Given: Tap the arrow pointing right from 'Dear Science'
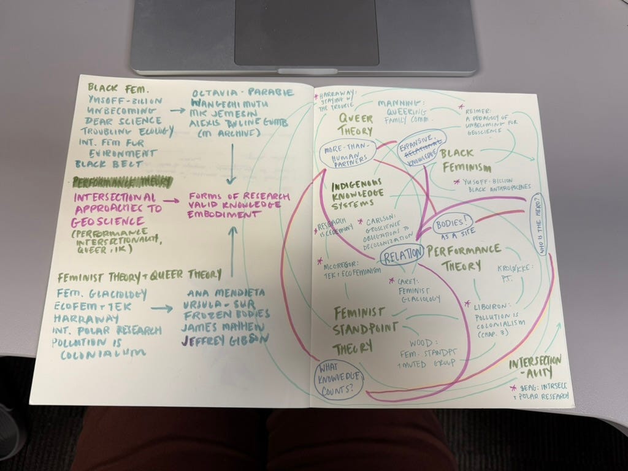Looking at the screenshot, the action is (178, 111).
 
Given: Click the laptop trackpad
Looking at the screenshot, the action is (307, 34).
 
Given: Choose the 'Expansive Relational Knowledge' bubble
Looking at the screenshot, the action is (421, 147).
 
